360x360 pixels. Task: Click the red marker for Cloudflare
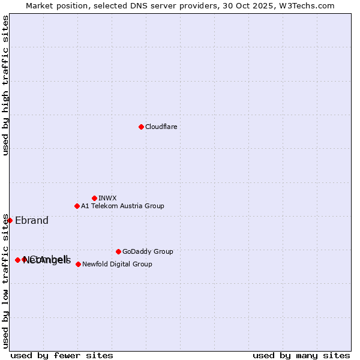141,127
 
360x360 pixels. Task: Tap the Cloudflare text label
161,127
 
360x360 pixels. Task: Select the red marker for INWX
94,198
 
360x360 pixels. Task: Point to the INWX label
107,198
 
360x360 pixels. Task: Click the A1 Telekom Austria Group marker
77,206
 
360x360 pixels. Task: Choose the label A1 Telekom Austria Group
122,206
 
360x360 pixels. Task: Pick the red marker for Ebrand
10,220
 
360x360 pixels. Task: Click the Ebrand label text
32,220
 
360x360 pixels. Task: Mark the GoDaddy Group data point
118,251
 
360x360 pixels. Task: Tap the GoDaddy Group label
148,251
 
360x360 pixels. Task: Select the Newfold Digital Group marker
78,264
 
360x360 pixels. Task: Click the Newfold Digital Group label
117,264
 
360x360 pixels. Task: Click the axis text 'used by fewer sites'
62,355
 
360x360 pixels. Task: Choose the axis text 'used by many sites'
301,355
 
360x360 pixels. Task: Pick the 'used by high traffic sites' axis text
5,85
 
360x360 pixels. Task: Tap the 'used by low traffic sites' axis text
5,281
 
